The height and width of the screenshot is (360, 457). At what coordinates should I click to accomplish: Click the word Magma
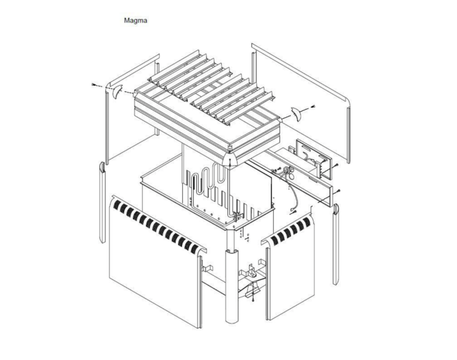[135, 21]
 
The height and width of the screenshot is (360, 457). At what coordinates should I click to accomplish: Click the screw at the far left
[93, 85]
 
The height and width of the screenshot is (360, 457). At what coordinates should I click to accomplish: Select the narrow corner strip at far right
[336, 244]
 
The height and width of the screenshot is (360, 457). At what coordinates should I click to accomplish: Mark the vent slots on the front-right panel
[290, 230]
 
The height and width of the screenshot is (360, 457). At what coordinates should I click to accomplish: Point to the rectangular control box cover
[313, 160]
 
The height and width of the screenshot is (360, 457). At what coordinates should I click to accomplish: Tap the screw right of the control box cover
[336, 165]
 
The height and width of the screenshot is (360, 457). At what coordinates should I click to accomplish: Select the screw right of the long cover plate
[338, 191]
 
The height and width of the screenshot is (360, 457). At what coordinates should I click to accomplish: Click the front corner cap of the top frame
[230, 160]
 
